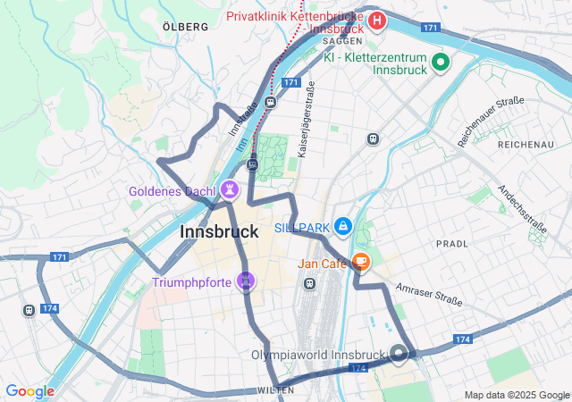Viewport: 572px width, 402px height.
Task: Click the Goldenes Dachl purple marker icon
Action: click(231, 189)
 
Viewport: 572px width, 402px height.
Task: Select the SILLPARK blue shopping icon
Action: click(343, 227)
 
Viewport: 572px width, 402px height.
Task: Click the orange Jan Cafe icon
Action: click(361, 262)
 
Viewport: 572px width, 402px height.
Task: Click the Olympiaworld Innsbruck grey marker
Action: click(398, 354)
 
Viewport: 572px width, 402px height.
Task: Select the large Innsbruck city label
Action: click(220, 231)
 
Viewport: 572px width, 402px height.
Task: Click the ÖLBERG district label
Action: click(186, 27)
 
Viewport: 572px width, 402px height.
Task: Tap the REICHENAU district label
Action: click(526, 144)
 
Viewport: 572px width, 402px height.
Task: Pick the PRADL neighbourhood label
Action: click(451, 243)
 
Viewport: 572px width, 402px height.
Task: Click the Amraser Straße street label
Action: click(427, 295)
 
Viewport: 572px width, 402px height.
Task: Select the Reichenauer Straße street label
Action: click(491, 121)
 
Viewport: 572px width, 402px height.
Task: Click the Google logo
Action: click(29, 391)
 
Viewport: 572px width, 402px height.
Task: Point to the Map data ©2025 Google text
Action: click(516, 395)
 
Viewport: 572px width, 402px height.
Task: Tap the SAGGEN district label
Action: click(342, 41)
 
